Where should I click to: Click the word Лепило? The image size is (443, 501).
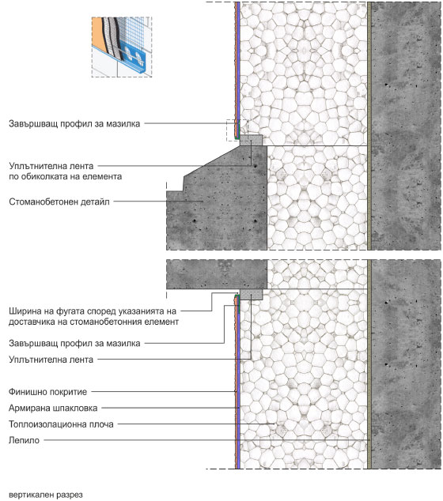point(24,440)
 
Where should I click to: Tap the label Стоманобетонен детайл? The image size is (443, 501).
point(59,202)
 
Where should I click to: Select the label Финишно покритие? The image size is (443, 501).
point(47,392)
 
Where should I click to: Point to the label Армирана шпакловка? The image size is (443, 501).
point(53,408)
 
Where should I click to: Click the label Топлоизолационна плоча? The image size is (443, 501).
point(61,424)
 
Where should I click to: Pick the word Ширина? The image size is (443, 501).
point(25,311)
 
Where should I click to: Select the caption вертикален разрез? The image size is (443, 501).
point(45,495)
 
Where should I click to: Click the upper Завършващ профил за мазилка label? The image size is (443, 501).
point(74,123)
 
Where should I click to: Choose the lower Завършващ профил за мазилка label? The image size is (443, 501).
point(74,344)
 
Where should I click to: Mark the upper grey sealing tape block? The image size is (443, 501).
point(251,141)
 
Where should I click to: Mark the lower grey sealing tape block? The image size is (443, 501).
point(251,294)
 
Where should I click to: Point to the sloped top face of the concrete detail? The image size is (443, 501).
point(212,161)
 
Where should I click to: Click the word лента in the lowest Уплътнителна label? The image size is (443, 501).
point(81,360)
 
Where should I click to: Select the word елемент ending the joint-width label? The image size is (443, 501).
point(161,322)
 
